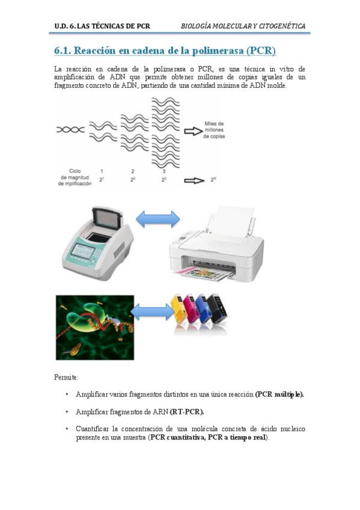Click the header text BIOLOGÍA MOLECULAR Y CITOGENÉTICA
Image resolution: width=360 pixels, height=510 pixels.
(243, 26)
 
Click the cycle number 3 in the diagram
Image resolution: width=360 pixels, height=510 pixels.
(164, 171)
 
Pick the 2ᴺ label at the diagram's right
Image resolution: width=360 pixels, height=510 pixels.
(213, 180)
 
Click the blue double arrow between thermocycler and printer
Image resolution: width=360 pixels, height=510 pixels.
(157, 220)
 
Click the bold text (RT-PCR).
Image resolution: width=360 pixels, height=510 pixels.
(187, 411)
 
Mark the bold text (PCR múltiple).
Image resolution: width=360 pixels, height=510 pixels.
(279, 394)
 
